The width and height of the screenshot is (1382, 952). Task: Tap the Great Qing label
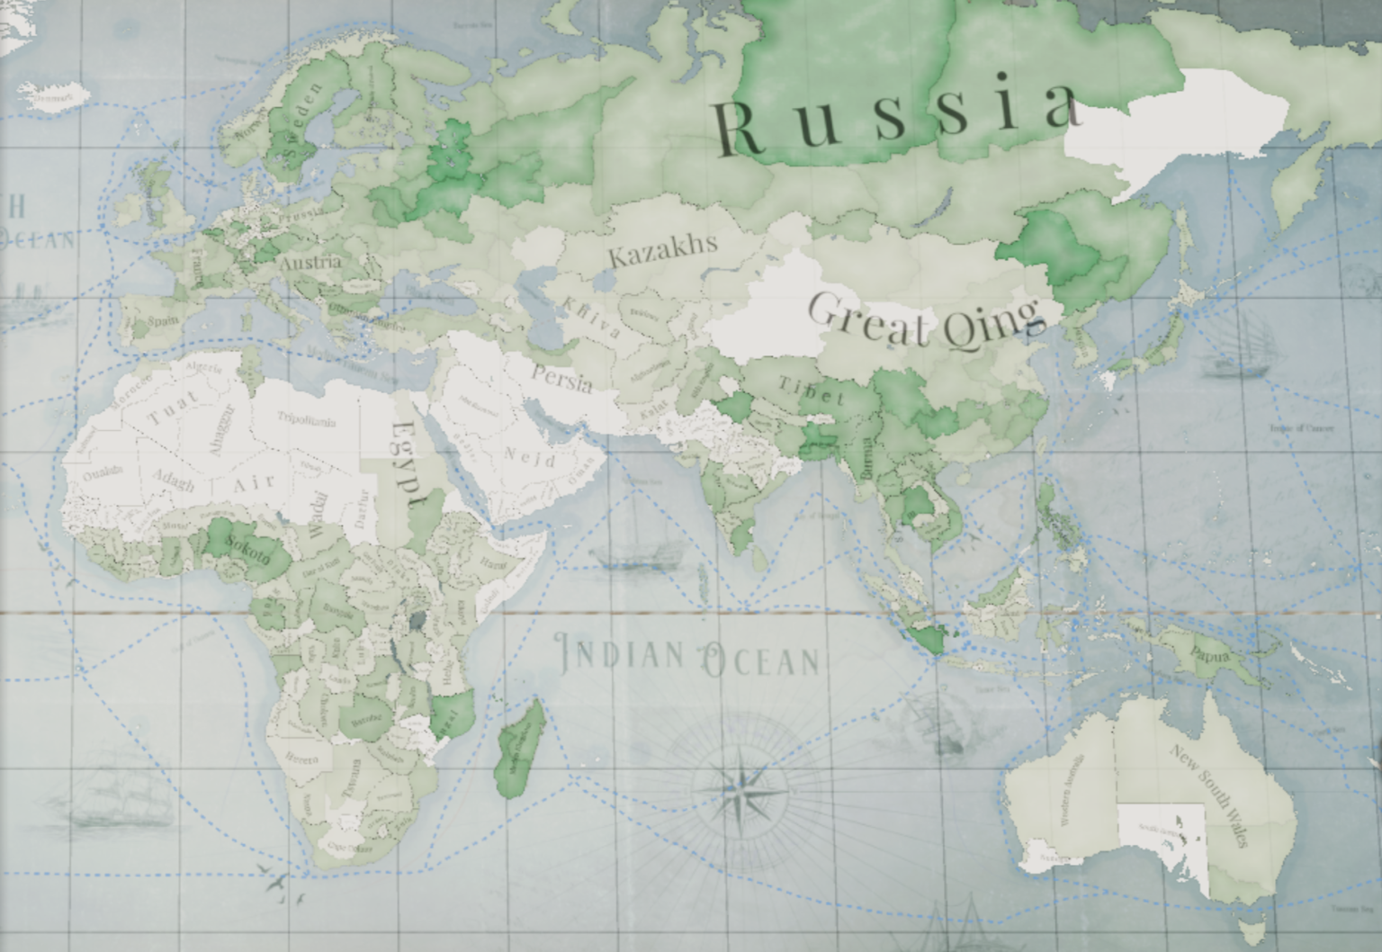click(927, 320)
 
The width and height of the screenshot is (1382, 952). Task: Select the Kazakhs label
click(663, 249)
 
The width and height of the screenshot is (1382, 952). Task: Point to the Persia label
click(562, 378)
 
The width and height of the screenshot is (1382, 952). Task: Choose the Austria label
click(310, 263)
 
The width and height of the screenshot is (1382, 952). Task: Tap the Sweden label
click(300, 126)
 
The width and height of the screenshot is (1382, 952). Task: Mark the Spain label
click(163, 320)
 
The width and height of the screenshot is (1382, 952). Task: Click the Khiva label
click(590, 318)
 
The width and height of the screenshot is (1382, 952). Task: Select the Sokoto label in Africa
click(248, 549)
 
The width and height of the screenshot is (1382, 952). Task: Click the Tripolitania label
click(306, 418)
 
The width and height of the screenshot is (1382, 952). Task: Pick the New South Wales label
click(1209, 794)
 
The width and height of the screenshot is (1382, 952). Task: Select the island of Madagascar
click(520, 749)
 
